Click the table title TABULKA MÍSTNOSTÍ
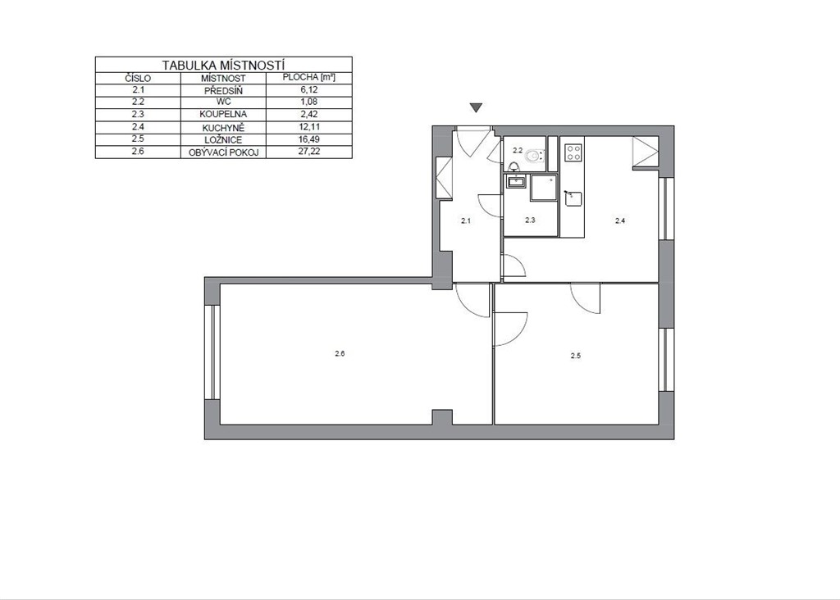pos(223,66)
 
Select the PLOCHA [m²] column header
pos(308,77)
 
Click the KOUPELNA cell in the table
pos(223,114)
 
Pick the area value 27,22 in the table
pos(308,152)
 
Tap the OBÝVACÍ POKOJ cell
pos(223,152)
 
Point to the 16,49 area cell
pos(308,139)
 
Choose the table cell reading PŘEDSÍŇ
pos(223,90)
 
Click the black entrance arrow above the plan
pos(476,107)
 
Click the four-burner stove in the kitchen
pos(573,152)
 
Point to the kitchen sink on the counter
pos(573,198)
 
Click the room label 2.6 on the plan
pos(340,353)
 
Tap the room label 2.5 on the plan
pos(575,356)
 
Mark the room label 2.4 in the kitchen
pos(620,220)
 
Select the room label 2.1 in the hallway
pos(466,220)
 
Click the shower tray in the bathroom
pos(544,188)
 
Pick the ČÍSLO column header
pos(138,78)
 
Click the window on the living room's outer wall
pos(212,352)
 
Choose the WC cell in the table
pos(223,101)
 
